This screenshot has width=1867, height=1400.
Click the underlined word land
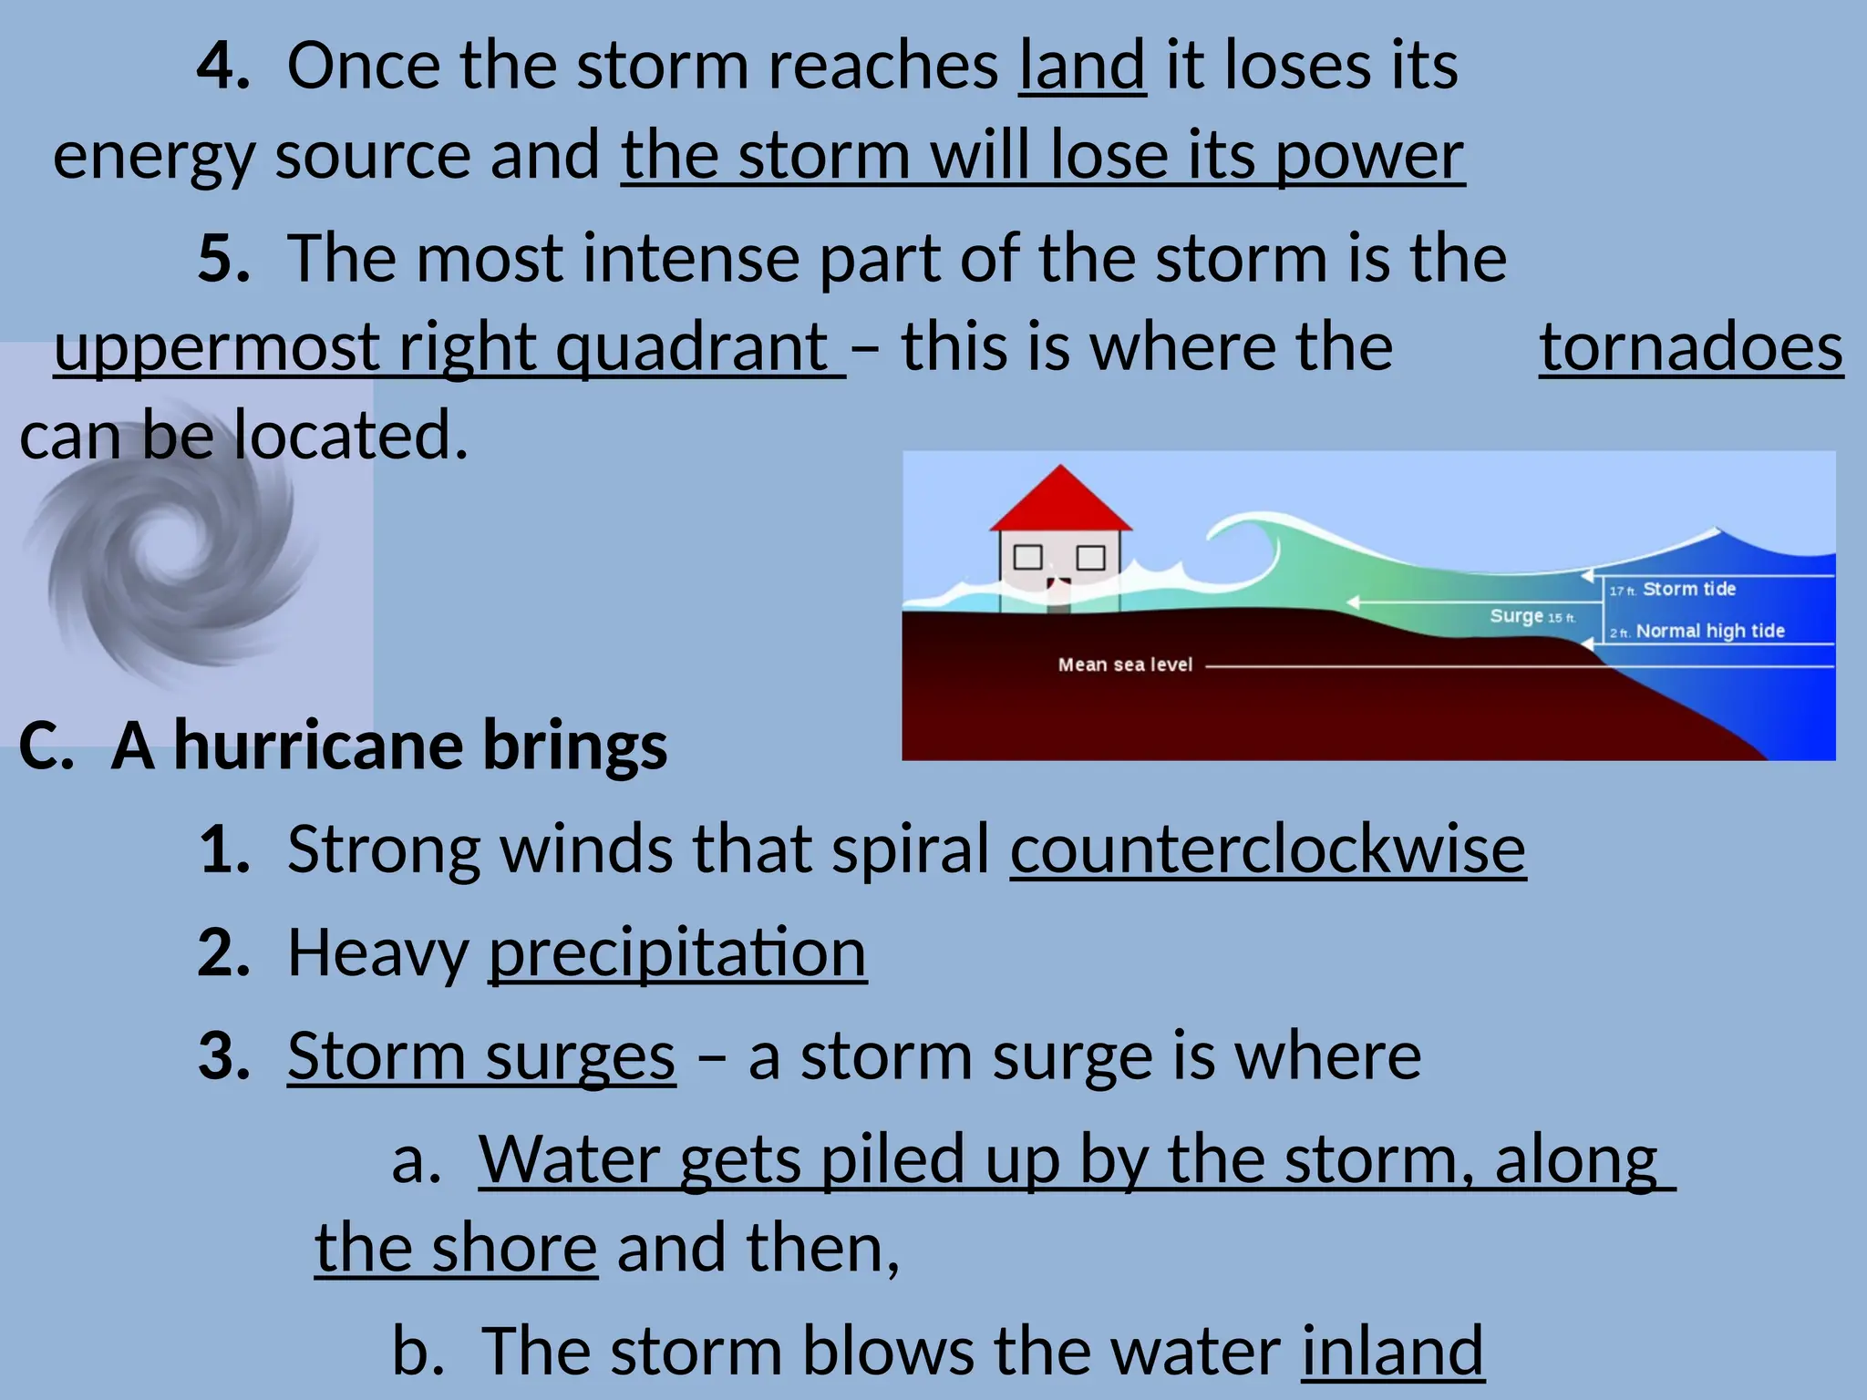(1081, 67)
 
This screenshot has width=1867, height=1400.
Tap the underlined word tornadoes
(1691, 348)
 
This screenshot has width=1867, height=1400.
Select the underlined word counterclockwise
(1267, 849)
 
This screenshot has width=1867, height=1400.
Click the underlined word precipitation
(677, 953)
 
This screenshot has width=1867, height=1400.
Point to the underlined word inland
(1392, 1352)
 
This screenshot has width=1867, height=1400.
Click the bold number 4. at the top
(223, 67)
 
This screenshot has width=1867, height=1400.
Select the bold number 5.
(223, 259)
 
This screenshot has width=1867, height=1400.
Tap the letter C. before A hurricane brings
(46, 746)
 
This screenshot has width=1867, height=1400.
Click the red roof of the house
(1060, 503)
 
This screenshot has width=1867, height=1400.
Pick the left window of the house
(1028, 557)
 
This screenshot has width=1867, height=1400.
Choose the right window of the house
(1090, 557)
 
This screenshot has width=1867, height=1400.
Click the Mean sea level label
(1124, 665)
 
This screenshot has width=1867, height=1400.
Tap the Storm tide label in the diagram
(1688, 590)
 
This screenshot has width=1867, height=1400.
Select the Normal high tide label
(1709, 632)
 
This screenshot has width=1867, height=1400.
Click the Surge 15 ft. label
(1532, 617)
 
